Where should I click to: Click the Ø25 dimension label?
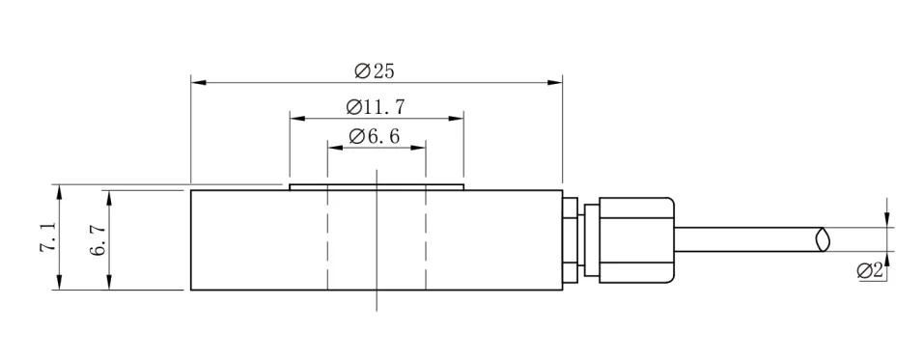(x=375, y=71)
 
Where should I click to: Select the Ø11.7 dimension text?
(x=376, y=107)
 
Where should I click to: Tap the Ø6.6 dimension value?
(x=375, y=136)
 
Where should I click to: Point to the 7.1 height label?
(x=48, y=237)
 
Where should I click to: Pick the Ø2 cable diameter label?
(x=871, y=271)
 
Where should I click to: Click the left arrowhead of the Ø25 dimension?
(x=198, y=82)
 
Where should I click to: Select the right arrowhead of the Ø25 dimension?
(x=554, y=82)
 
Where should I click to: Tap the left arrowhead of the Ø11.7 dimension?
(x=297, y=119)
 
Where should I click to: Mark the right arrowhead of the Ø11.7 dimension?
(x=456, y=119)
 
